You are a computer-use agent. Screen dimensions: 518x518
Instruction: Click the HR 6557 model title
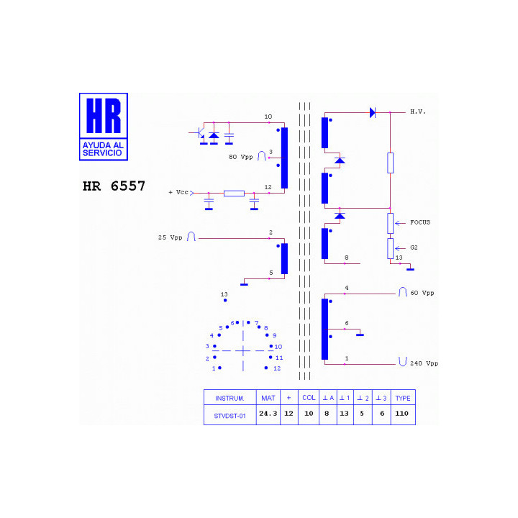114,186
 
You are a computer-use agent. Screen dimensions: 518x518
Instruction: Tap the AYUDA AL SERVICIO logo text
103,149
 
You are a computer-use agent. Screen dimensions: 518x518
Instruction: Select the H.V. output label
418,112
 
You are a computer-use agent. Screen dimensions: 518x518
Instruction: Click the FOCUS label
420,222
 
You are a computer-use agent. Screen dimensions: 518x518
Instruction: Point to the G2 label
414,247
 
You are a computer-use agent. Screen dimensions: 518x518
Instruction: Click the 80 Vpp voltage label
240,157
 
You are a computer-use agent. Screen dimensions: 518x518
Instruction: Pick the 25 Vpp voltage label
170,237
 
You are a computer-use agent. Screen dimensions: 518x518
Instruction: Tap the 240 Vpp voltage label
424,363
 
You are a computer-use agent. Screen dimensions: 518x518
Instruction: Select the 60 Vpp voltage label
422,293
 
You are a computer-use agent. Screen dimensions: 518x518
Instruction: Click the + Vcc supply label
178,192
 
